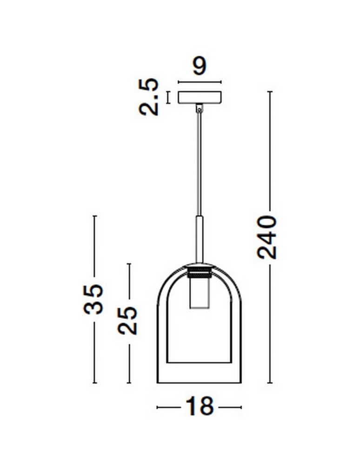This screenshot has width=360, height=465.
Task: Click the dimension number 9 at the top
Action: click(199, 66)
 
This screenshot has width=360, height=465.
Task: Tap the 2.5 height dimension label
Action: click(149, 97)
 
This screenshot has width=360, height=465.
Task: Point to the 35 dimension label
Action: click(93, 299)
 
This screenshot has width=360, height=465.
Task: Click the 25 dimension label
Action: click(128, 320)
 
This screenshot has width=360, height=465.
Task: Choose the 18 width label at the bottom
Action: click(200, 406)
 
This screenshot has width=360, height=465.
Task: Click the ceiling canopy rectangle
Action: click(200, 97)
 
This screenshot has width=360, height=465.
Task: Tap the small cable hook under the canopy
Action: click(200, 108)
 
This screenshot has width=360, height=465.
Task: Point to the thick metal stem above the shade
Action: click(199, 239)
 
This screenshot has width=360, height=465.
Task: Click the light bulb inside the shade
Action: click(199, 295)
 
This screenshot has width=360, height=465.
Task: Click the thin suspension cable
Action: click(199, 163)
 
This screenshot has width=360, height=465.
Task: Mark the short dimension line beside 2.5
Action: click(168, 97)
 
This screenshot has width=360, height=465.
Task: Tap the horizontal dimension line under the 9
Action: click(200, 82)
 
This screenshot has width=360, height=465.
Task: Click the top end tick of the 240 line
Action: click(270, 92)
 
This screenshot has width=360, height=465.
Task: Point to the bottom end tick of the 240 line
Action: click(270, 383)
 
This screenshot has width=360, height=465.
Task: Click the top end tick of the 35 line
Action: click(94, 216)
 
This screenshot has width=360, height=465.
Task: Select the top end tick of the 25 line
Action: click(129, 264)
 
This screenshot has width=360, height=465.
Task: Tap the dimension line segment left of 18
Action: click(169, 407)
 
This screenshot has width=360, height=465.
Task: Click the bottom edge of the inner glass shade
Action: click(199, 362)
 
